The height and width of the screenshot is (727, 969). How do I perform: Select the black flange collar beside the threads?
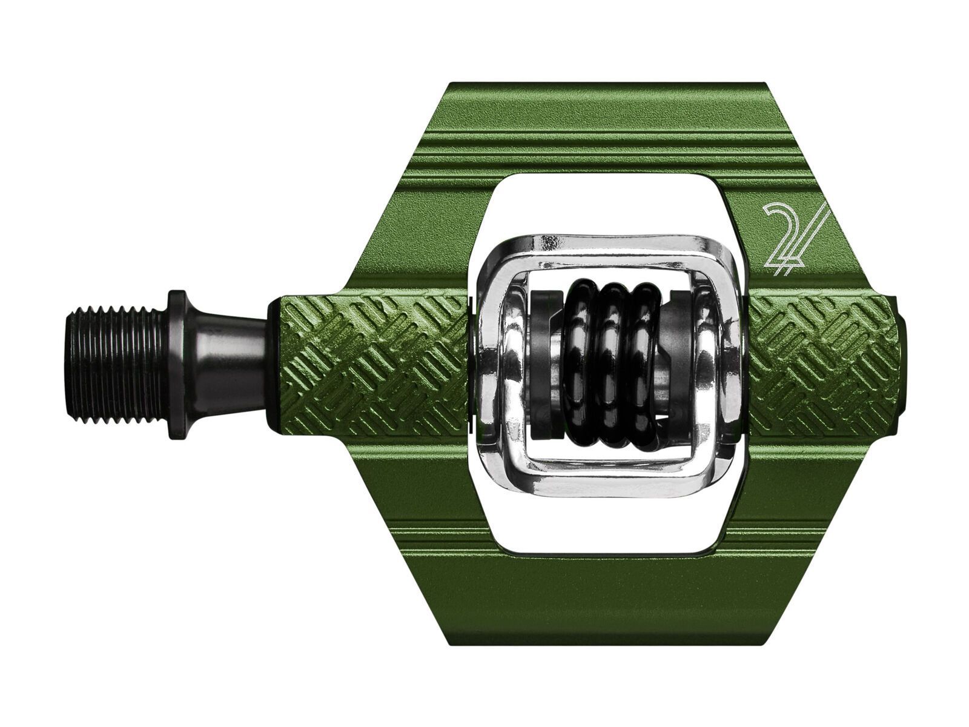coord(177,357)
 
